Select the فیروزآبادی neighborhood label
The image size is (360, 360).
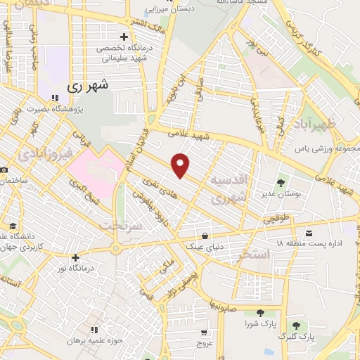tap(44, 152)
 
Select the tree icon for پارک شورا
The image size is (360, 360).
tap(260, 313)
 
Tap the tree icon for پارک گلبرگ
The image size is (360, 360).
tap(296, 326)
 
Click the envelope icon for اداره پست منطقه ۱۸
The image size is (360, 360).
tap(309, 233)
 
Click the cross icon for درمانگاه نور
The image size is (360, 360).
tap(75, 257)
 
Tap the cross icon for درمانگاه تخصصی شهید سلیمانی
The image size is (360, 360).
tap(124, 37)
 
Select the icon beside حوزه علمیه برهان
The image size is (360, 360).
tap(94, 329)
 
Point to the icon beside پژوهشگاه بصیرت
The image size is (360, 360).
tap(56, 98)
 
